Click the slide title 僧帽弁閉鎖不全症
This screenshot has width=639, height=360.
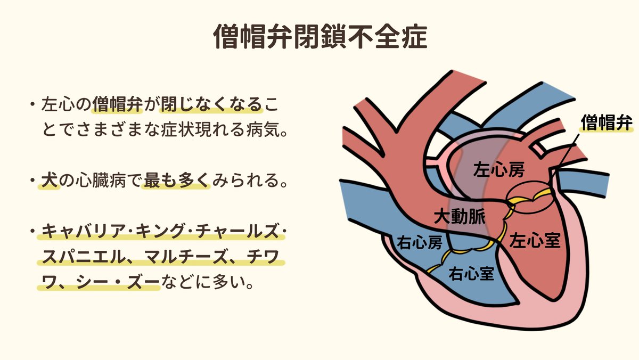[x=319, y=37]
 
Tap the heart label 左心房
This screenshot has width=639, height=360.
[x=499, y=170]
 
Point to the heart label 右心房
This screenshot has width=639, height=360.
[x=420, y=242]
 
